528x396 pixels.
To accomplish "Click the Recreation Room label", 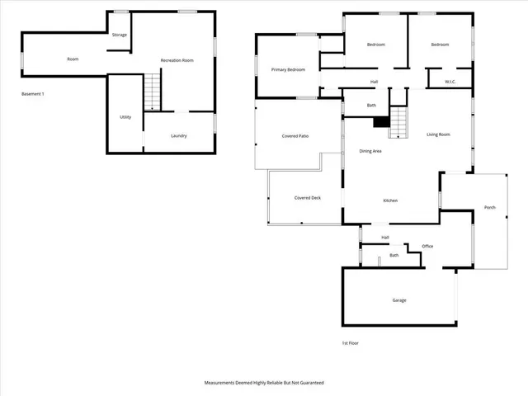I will pos(177,60).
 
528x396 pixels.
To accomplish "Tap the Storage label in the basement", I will pos(120,35).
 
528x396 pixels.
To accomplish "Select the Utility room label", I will pos(125,117).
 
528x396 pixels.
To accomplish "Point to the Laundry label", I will pos(179,135).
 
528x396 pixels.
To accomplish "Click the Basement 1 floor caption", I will pos(33,94).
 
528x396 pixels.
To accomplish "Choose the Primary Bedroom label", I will pos(288,70).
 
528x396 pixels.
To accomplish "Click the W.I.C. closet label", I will pos(450,82).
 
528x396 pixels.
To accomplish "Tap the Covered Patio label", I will pos(295,135).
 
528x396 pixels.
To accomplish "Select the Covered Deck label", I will pos(307,198).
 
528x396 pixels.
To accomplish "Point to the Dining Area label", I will pos(370,151).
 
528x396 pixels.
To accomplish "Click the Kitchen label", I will pos(391,201).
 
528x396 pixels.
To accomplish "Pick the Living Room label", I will pos(438,134).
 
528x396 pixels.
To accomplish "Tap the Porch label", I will pos(490,207).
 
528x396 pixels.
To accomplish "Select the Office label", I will pos(427,246).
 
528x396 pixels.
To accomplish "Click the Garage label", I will pos(399,300).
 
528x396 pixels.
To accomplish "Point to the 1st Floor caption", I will pos(351,343).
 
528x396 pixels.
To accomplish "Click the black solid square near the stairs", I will pos(381,122).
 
